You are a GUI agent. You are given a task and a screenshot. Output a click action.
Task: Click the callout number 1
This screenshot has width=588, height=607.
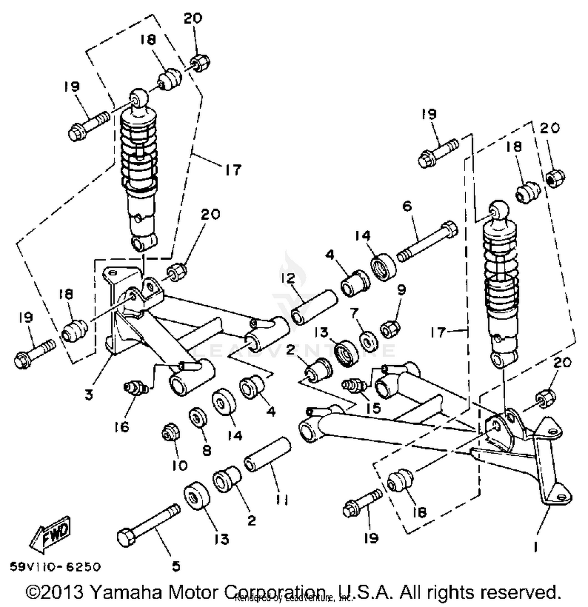point(536,547)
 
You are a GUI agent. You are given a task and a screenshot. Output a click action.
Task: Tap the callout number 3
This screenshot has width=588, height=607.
point(89,395)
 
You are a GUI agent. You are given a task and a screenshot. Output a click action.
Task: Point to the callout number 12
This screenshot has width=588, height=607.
point(288,279)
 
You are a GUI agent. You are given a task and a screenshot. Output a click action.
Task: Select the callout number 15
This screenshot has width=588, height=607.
point(373,408)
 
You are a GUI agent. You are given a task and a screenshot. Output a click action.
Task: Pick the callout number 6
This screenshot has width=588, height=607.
point(407,206)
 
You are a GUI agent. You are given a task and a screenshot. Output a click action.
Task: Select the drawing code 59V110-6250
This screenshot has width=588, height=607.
point(55,567)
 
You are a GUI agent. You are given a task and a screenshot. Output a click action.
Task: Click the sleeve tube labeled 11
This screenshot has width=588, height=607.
point(268,456)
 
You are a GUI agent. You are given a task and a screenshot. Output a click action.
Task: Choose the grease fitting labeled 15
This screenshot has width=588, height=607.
point(353,384)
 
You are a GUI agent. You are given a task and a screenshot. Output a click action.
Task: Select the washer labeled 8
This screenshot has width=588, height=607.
point(198,418)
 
